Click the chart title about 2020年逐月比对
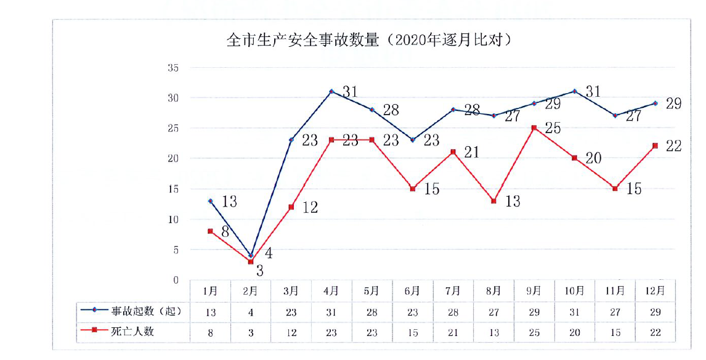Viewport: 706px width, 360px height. pyautogui.click(x=370, y=41)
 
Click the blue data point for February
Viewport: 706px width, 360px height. pyautogui.click(x=251, y=255)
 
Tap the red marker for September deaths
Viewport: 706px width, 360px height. pyautogui.click(x=534, y=128)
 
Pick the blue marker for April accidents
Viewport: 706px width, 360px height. pyautogui.click(x=331, y=91)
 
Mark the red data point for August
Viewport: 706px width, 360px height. pyautogui.click(x=493, y=201)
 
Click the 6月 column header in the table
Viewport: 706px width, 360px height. pyautogui.click(x=413, y=290)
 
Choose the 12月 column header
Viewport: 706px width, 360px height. pyautogui.click(x=655, y=290)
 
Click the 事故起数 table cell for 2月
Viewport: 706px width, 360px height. pyautogui.click(x=251, y=312)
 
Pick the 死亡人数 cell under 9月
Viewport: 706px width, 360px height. pyautogui.click(x=534, y=332)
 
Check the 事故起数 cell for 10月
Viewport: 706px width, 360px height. pyautogui.click(x=575, y=312)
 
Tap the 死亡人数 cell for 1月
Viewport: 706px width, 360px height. pyautogui.click(x=210, y=332)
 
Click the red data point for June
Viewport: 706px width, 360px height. pyautogui.click(x=413, y=189)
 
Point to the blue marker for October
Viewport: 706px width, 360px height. pyautogui.click(x=575, y=91)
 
